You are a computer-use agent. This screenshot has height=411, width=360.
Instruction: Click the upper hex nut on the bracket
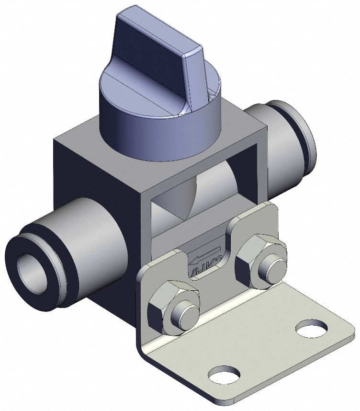[x=261, y=259]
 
